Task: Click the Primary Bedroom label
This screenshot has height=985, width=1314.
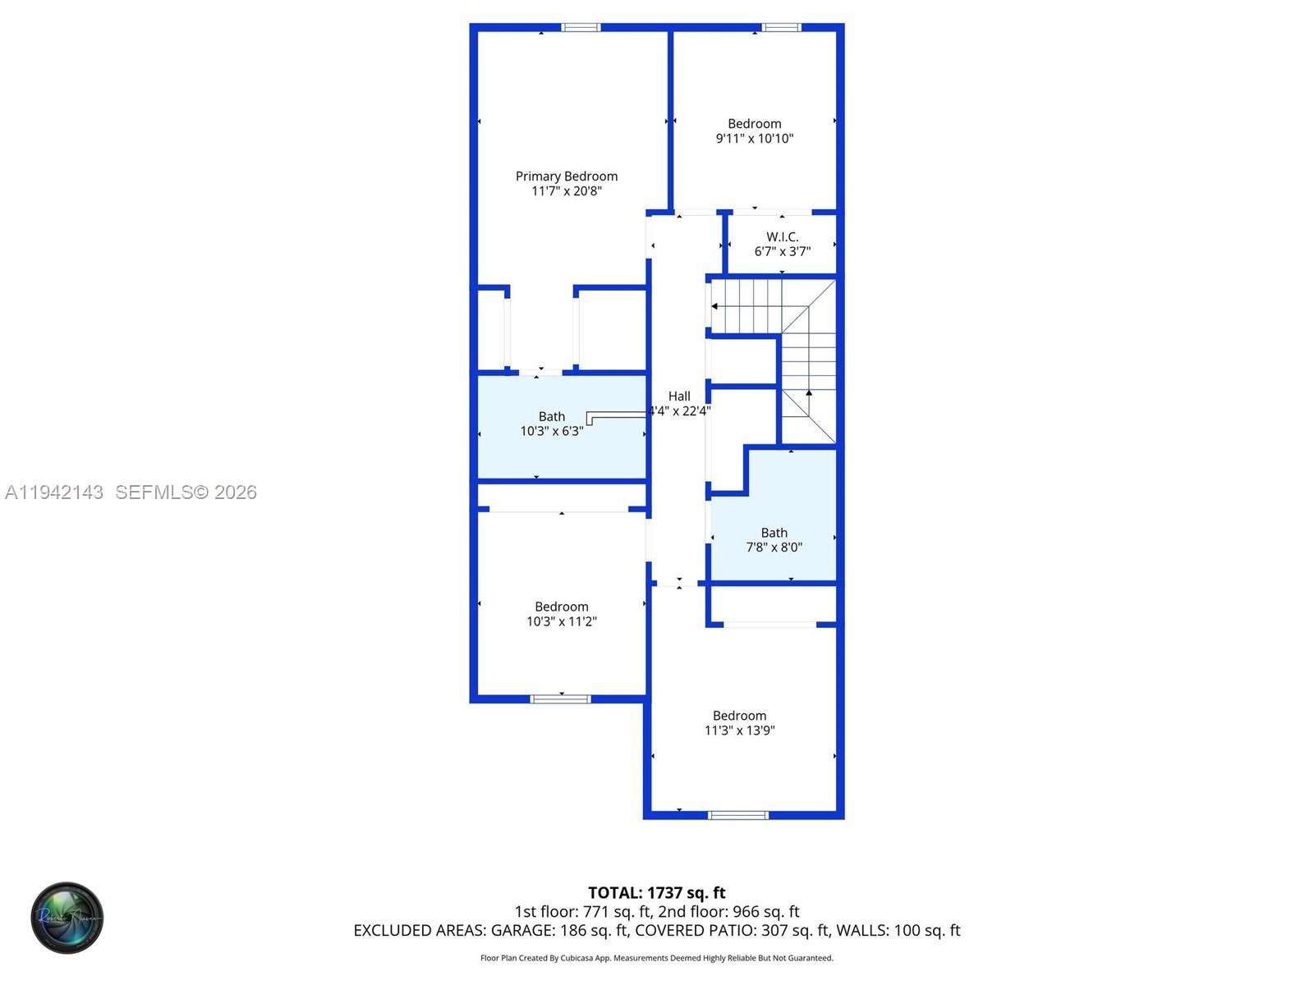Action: pos(566,176)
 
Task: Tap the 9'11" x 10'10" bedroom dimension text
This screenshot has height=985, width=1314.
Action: pos(754,139)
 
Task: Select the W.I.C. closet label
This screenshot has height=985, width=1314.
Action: pos(782,237)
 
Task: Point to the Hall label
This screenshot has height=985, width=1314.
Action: pos(679,396)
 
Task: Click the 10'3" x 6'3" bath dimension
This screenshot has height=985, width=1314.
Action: pos(552,431)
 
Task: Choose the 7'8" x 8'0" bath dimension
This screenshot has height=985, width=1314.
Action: pos(774,547)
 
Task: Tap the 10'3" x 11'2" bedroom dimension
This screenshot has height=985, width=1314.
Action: pos(561,621)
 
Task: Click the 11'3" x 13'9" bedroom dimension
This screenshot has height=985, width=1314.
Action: pos(739,731)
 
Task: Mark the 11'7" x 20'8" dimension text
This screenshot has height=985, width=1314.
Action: pos(566,191)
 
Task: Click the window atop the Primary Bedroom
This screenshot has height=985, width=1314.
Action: pos(581,28)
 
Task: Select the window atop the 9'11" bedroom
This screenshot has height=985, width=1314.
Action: pos(781,28)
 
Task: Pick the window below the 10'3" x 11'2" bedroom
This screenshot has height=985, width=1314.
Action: pos(560,699)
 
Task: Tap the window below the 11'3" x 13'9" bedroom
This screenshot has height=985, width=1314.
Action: pos(738,815)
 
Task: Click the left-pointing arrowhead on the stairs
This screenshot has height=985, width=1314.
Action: pos(714,306)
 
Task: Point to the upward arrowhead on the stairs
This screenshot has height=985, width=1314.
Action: pos(809,393)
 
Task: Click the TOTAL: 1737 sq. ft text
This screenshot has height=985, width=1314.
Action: pos(656,893)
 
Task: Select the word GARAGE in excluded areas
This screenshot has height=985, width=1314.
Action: pos(522,931)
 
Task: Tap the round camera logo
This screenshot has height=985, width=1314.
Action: pos(67,918)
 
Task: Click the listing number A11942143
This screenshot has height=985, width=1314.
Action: pos(54,492)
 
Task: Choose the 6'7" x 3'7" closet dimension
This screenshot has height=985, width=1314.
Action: pos(782,252)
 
